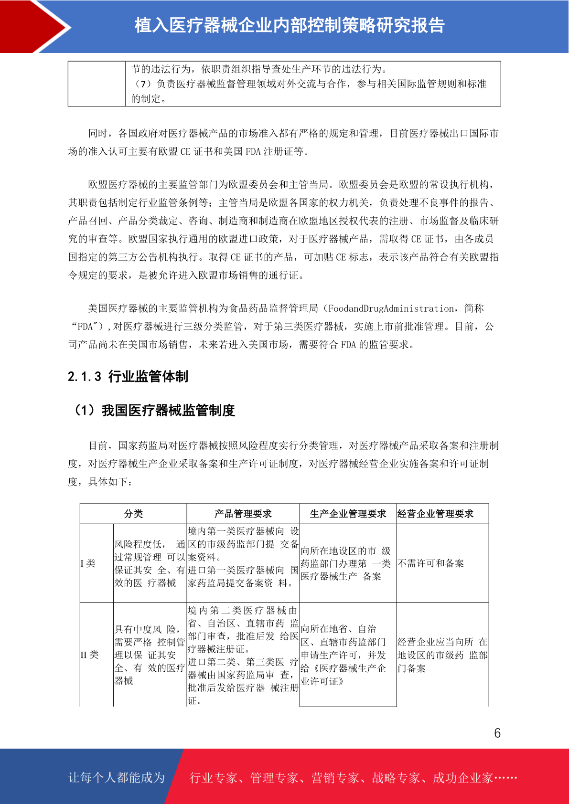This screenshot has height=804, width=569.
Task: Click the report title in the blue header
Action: click(x=290, y=25)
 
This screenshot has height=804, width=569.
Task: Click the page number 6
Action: click(x=497, y=733)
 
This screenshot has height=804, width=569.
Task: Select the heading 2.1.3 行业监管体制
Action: click(x=128, y=377)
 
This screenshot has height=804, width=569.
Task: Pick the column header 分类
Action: click(x=133, y=514)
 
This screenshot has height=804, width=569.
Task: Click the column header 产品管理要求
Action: click(x=243, y=514)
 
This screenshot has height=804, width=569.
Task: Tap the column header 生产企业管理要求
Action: click(x=348, y=514)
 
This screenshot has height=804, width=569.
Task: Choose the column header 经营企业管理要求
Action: click(x=435, y=514)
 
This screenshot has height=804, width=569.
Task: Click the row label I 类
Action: click(x=88, y=563)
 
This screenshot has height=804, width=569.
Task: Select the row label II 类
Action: click(x=89, y=655)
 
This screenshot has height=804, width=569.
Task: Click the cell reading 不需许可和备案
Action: click(x=430, y=563)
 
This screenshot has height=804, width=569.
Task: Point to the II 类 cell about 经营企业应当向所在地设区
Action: click(x=442, y=655)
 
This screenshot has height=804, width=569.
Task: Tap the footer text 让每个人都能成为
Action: click(x=117, y=778)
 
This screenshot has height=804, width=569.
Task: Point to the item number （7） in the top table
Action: click(x=143, y=84)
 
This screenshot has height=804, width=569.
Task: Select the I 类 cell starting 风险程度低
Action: click(x=149, y=563)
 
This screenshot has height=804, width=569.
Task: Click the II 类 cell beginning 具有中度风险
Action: click(x=149, y=655)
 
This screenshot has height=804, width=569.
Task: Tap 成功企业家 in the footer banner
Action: click(x=462, y=778)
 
